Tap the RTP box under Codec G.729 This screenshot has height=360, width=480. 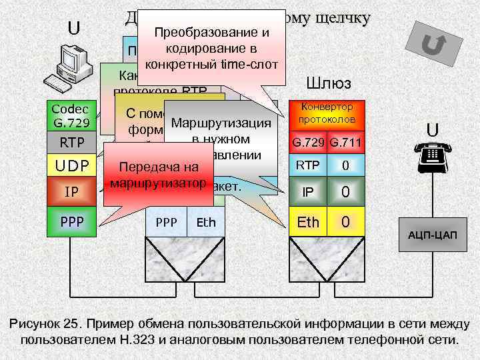pos(71,142)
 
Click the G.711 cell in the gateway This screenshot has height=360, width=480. pos(346,142)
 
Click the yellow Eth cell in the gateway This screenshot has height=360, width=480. pos(307,221)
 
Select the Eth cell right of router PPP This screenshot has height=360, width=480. pos(207,222)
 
